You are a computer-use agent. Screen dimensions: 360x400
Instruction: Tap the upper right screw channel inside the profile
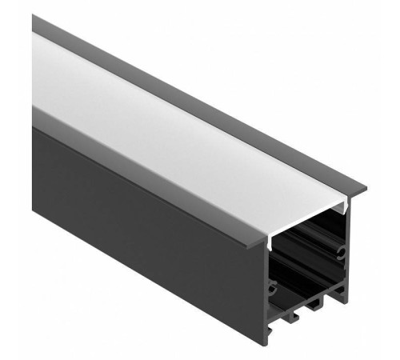click(x=342, y=252)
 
